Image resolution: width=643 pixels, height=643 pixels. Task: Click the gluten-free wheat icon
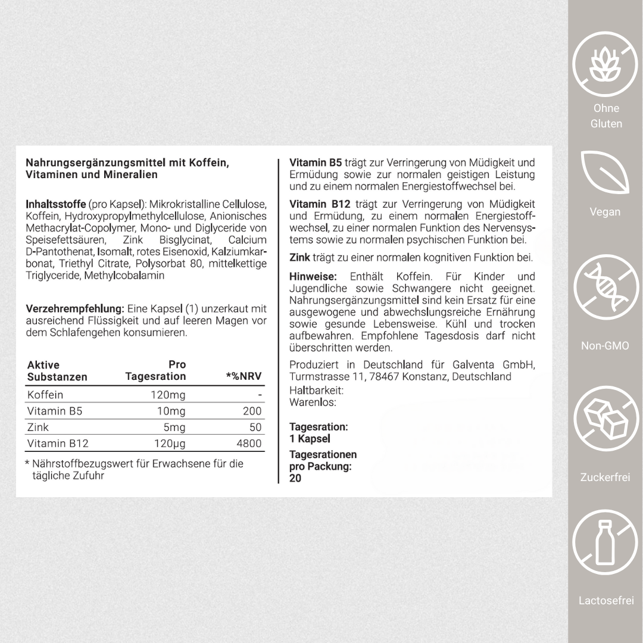coord(605,65)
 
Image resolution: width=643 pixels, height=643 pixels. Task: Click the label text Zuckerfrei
coord(605,477)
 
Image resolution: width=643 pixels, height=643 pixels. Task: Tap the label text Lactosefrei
coord(605,600)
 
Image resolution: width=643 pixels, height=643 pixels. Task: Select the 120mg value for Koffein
coord(168,395)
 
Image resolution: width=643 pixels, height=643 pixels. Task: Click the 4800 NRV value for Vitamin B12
coord(248,444)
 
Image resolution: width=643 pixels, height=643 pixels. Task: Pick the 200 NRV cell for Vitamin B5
coord(252,411)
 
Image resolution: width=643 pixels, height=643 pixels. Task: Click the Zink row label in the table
coord(38,427)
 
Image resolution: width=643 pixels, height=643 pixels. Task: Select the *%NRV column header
coord(244,376)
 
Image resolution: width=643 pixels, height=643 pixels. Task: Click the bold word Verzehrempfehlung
coord(75,309)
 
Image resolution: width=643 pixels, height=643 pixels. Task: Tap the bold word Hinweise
coord(313,277)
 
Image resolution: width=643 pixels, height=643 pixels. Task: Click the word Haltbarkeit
coord(316,391)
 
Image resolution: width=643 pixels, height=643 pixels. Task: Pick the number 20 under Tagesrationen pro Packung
coord(295,478)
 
